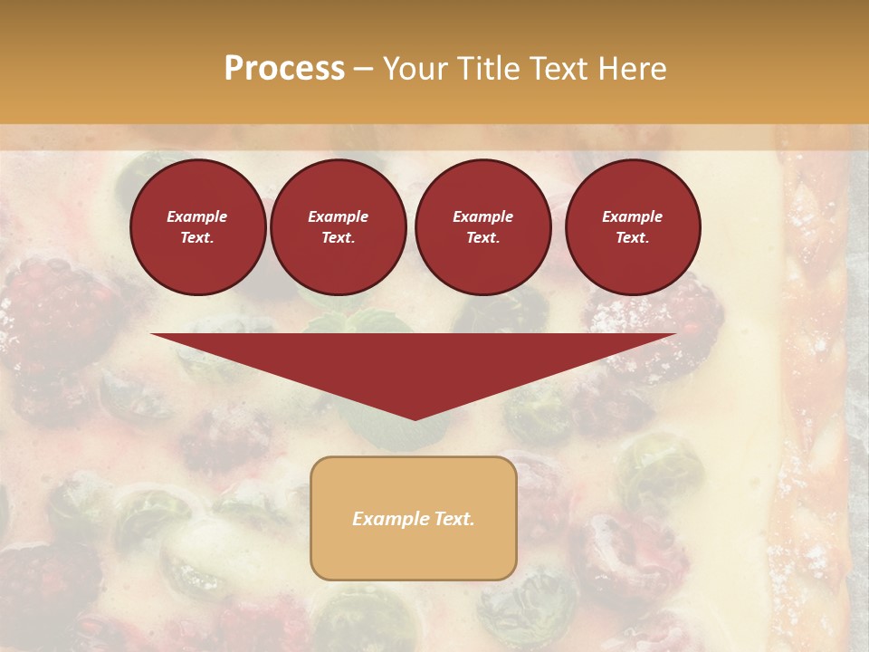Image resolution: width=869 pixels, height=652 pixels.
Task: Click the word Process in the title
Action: pyautogui.click(x=284, y=69)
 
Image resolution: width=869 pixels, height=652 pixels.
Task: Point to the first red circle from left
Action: pyautogui.click(x=197, y=227)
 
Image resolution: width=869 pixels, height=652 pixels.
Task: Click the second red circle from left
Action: pyautogui.click(x=338, y=227)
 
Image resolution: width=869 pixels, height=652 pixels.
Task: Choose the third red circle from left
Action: pyautogui.click(x=482, y=227)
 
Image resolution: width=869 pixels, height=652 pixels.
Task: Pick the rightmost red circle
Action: pyautogui.click(x=632, y=227)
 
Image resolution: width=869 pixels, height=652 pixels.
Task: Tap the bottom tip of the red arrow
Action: pyautogui.click(x=415, y=418)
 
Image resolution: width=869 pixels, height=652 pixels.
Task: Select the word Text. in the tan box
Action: pyautogui.click(x=452, y=519)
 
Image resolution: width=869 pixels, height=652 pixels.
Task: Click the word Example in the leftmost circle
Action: pyautogui.click(x=197, y=217)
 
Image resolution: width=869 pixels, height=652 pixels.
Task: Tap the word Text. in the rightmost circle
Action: pyautogui.click(x=632, y=238)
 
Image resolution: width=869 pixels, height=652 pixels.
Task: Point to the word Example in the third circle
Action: pyautogui.click(x=482, y=217)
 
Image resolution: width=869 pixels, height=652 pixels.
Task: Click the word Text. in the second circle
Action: pyautogui.click(x=338, y=238)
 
